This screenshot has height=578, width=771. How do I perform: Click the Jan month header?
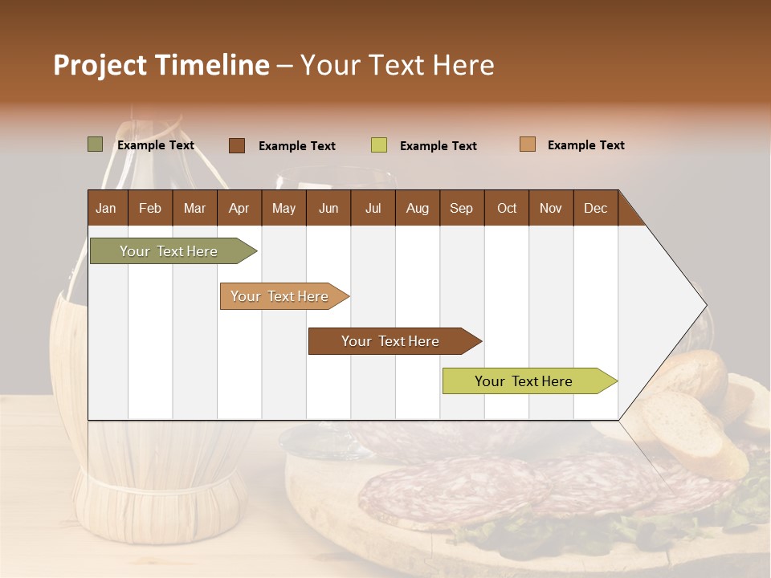(106, 208)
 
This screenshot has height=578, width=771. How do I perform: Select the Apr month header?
(239, 208)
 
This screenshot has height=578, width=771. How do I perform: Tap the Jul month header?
(373, 208)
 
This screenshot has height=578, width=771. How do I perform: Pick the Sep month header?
(461, 208)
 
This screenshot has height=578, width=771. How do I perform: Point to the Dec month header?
(595, 208)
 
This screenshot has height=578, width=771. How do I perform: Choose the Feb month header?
(150, 208)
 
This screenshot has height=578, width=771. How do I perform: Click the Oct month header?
(507, 208)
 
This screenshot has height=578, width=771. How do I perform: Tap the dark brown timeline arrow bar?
(391, 341)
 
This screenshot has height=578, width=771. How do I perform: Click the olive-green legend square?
(96, 144)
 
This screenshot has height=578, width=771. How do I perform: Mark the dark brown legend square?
(237, 145)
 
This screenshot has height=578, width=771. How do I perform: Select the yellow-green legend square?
(379, 145)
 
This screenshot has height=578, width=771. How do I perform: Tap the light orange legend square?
(527, 144)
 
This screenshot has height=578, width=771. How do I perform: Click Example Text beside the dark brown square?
(297, 146)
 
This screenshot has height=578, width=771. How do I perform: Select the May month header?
(284, 208)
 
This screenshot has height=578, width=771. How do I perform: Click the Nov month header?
(551, 208)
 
